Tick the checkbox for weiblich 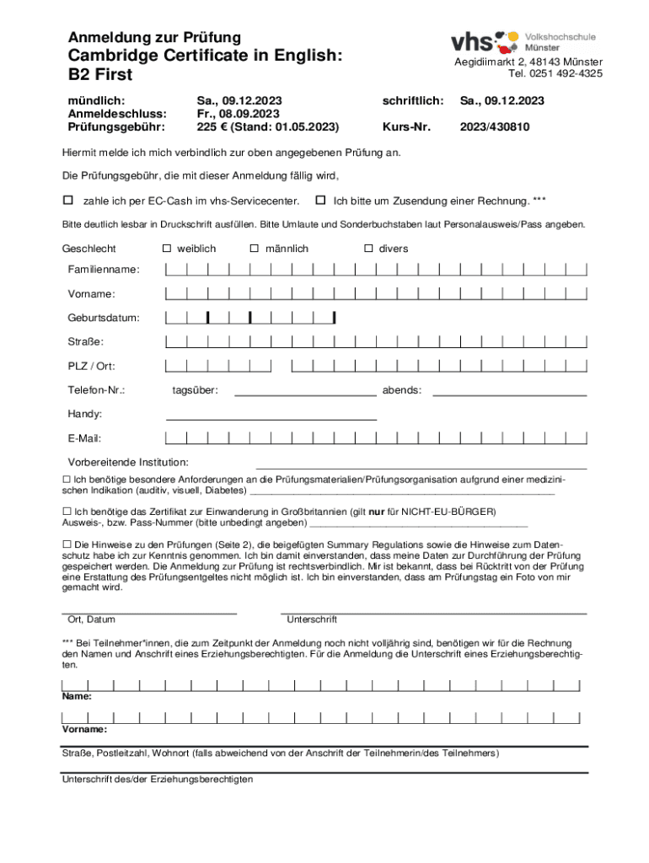click(167, 249)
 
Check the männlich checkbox click(254, 249)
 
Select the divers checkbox click(368, 249)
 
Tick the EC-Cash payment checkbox click(68, 201)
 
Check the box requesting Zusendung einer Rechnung click(320, 201)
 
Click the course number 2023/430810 click(494, 127)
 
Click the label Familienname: click(105, 270)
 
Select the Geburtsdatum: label click(105, 318)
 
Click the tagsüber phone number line click(305, 394)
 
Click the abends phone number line click(509, 394)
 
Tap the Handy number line click(271, 418)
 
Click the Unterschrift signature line click(433, 613)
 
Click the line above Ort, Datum click(149, 613)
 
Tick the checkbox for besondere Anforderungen click(67, 479)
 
